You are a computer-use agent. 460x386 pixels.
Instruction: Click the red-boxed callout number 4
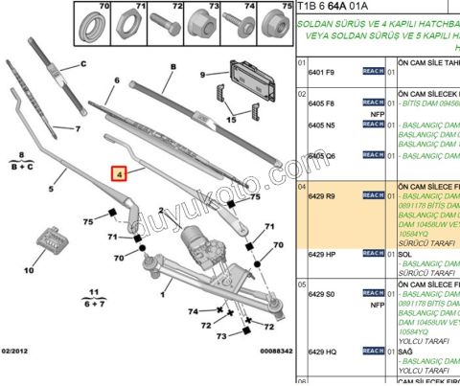tap(120, 174)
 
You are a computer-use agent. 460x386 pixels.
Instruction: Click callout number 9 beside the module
tap(203, 74)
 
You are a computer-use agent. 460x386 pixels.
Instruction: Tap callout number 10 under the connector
tap(28, 270)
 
